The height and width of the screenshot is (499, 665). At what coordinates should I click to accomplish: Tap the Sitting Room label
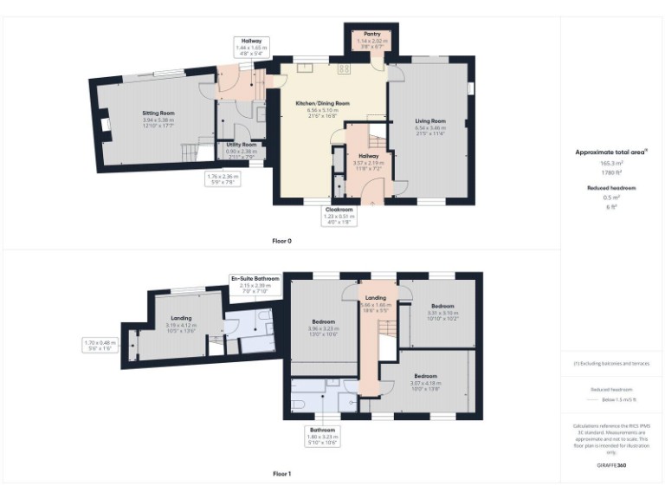coord(158,113)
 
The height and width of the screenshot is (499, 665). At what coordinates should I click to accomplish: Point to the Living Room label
coord(429,120)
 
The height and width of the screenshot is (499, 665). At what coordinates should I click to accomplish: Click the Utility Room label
coord(236,145)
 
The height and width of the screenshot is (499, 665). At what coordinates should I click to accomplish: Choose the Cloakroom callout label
coord(339,210)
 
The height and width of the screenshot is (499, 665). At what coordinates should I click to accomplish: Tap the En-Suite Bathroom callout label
coord(255,279)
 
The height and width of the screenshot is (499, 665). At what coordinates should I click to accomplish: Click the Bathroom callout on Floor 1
coord(326,430)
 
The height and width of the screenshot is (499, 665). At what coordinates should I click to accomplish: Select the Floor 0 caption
coord(281,240)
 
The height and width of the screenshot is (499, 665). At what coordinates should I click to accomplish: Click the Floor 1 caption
coord(281,474)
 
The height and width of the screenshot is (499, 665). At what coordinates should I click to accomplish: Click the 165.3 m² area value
coord(611,163)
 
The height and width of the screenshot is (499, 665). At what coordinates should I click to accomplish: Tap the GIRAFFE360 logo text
coord(611,465)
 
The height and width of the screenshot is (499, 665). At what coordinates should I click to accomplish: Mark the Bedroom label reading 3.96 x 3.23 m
coord(322,321)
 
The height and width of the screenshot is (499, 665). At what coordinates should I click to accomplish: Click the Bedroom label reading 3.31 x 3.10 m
coord(442,306)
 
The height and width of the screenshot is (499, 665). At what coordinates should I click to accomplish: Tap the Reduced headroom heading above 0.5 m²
coord(611,187)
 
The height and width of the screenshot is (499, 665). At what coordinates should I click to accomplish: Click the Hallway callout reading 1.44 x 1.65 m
coord(252,41)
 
